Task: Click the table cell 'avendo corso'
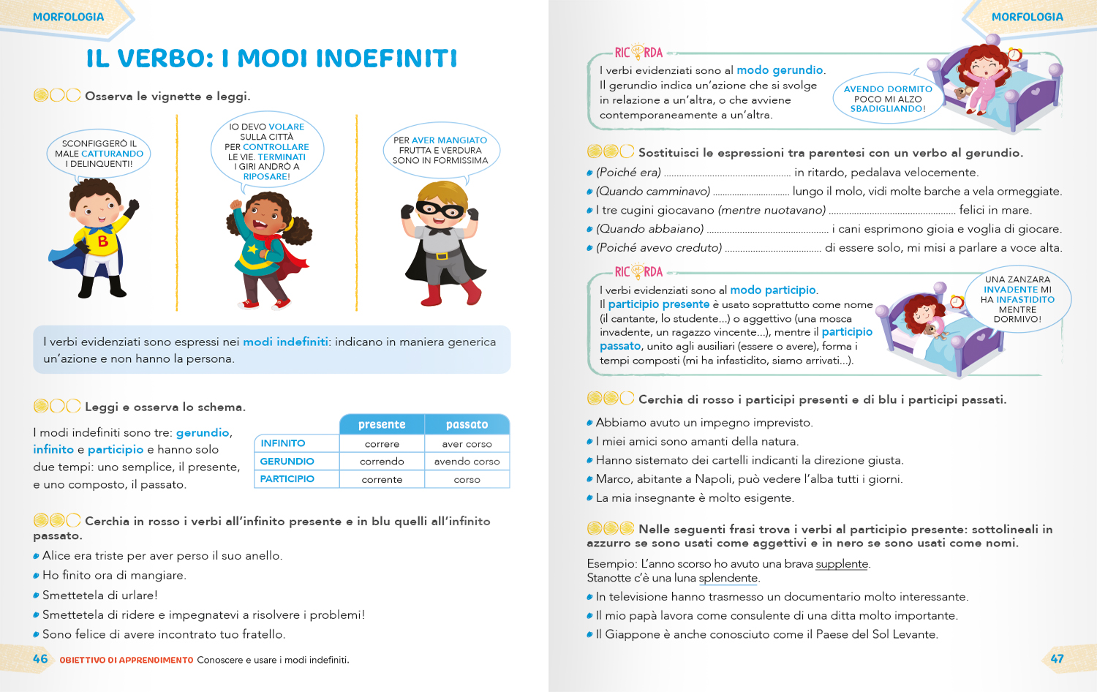coord(467,462)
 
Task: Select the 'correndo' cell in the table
coord(382,462)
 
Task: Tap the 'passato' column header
coord(467,424)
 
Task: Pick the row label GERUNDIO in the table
coord(287,462)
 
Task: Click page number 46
coord(40,658)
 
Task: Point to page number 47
coord(1057,658)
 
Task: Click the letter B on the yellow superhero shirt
coord(103,241)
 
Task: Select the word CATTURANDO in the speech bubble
coord(112,154)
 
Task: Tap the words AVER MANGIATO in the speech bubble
coord(449,140)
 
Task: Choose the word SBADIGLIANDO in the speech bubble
coord(887,109)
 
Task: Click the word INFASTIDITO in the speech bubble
coord(1025,299)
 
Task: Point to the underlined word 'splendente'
coord(728,578)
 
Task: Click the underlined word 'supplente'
coord(842,564)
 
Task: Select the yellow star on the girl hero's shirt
coord(253,249)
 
